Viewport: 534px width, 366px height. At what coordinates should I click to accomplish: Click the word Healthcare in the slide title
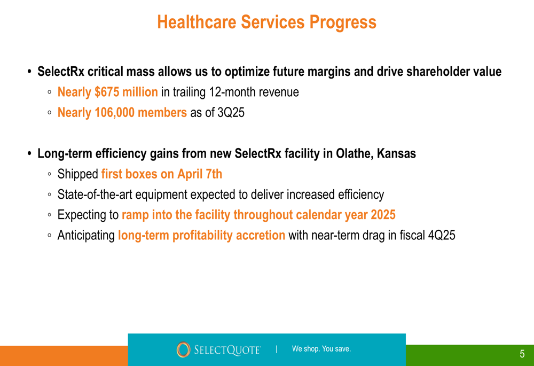197,22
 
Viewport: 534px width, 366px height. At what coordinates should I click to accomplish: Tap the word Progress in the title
343,23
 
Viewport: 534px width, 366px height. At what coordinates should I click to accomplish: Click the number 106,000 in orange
114,113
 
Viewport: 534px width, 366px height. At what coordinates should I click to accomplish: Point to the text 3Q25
231,113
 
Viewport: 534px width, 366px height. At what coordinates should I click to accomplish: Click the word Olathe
355,154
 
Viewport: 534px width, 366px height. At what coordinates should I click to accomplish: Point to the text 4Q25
442,235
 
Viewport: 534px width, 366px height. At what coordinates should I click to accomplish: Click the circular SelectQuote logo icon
183,349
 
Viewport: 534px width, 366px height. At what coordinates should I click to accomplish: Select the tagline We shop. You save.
321,349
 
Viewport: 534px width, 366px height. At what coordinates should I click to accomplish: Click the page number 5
522,354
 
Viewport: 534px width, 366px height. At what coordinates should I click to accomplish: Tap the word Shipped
77,174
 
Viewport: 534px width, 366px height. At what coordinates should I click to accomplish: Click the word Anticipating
86,236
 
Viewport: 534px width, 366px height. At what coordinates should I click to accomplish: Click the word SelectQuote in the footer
227,350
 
